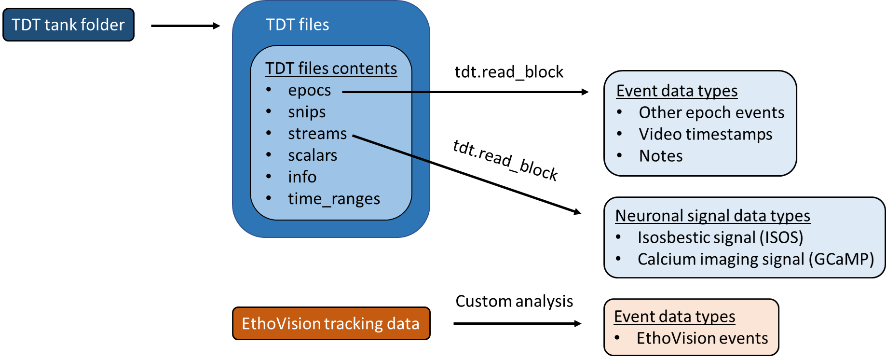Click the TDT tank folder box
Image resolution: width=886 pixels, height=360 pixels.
click(68, 25)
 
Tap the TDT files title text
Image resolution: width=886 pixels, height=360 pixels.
click(297, 25)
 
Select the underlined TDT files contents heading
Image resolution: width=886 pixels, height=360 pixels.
click(331, 69)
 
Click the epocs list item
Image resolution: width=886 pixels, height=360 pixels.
click(309, 91)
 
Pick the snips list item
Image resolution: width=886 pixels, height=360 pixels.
click(307, 112)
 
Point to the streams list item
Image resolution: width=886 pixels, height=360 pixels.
click(317, 134)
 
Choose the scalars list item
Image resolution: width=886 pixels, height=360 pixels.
click(312, 155)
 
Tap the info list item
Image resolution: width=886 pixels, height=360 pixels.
click(302, 177)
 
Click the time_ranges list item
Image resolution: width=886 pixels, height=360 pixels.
click(334, 199)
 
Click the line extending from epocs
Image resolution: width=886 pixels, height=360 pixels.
click(386, 92)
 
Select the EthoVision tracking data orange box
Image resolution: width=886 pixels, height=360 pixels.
click(331, 323)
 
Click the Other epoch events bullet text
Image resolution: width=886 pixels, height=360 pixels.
click(711, 112)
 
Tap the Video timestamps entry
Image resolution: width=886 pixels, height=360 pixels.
click(705, 134)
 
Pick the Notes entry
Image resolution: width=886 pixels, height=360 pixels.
click(660, 156)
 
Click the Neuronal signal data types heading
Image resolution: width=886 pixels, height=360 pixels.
click(712, 216)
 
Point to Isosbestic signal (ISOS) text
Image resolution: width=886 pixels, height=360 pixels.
click(720, 237)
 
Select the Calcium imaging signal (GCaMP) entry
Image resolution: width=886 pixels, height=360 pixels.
click(755, 259)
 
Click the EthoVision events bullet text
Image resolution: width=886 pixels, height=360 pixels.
click(702, 338)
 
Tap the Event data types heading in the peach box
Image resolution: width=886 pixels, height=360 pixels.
click(674, 317)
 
